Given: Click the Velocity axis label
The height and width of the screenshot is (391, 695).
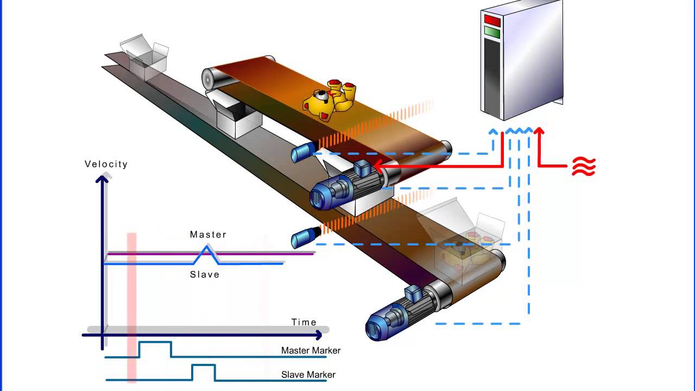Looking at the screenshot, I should pyautogui.click(x=106, y=164).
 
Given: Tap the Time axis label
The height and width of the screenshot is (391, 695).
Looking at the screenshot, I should pyautogui.click(x=304, y=322).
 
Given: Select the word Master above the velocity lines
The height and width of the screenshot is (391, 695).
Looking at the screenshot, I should pyautogui.click(x=208, y=235).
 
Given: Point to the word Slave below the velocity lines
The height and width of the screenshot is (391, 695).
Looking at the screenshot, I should pyautogui.click(x=205, y=275).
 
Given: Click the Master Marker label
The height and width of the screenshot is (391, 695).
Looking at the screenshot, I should pyautogui.click(x=311, y=351).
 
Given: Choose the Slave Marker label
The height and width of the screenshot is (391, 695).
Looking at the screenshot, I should pyautogui.click(x=308, y=375).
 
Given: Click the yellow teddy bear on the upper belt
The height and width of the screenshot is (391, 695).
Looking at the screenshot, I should pyautogui.click(x=329, y=99).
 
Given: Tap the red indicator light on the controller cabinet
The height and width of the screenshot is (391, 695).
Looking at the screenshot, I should pyautogui.click(x=492, y=21).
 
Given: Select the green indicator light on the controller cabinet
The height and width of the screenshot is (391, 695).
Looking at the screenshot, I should pyautogui.click(x=492, y=32).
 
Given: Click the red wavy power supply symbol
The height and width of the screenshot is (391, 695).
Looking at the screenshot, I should pyautogui.click(x=584, y=167).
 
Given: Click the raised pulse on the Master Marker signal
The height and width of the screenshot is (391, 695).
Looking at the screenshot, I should pyautogui.click(x=155, y=349).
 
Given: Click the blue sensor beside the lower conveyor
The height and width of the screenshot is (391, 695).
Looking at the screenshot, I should pyautogui.click(x=302, y=237).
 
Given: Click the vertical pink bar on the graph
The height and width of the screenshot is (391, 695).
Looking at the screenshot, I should pyautogui.click(x=131, y=304).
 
